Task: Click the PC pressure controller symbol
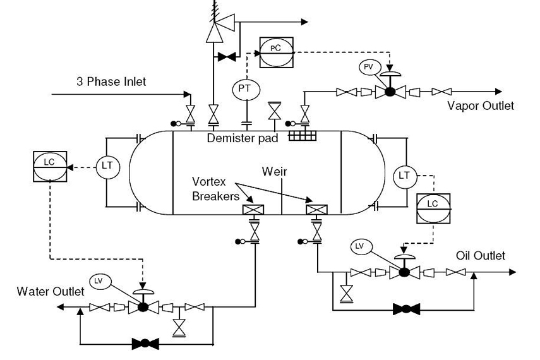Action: coord(276,52)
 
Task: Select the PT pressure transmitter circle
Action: coord(246,89)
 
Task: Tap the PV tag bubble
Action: coord(370,67)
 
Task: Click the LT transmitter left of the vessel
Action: coord(107,167)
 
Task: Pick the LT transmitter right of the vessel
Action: coord(405,176)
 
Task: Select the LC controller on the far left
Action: coord(50,166)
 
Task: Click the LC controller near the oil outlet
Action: coord(433,208)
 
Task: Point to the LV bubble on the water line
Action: coord(100,282)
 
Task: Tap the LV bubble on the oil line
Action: coord(362,247)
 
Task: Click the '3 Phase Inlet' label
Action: coord(111,82)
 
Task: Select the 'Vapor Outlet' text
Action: coord(481,105)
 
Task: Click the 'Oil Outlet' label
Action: coord(481,256)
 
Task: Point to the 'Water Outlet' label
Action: coord(51,291)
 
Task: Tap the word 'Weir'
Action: coord(274,172)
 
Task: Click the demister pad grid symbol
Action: coord(303,136)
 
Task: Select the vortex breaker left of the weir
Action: coord(253,210)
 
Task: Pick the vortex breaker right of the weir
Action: coord(316,210)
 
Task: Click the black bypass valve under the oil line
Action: coord(406,309)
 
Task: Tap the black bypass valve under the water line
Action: coord(145,343)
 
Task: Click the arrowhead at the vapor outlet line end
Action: coord(499,92)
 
